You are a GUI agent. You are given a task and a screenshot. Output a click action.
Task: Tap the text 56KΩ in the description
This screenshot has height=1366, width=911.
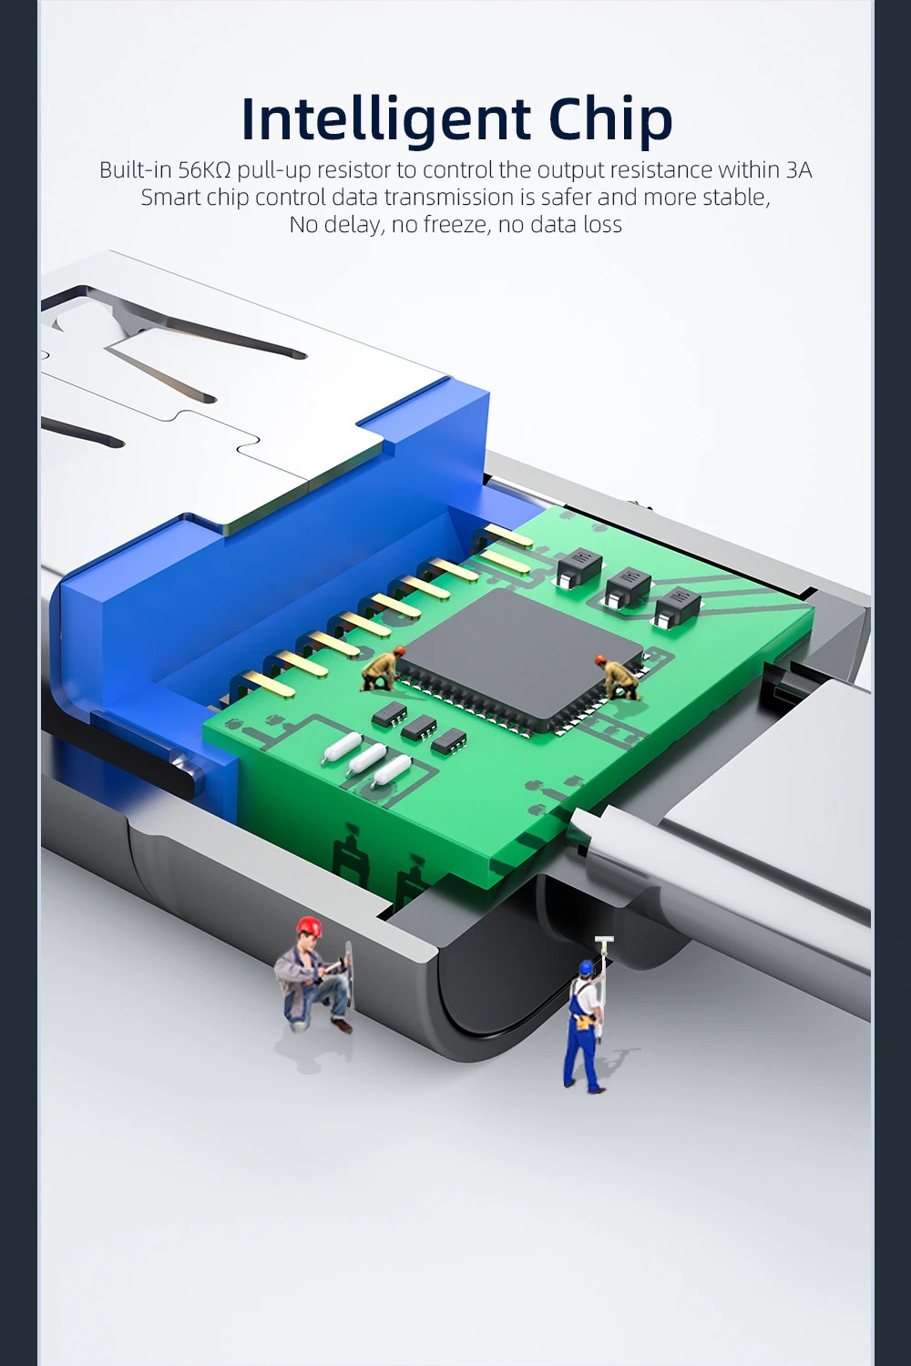coord(204,169)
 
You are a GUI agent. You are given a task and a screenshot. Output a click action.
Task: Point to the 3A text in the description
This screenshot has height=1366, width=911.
coord(799,169)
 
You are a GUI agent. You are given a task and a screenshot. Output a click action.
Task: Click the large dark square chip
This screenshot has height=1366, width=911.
coord(520,658)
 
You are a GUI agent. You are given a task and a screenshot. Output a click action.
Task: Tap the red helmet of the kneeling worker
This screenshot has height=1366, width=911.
coord(308,925)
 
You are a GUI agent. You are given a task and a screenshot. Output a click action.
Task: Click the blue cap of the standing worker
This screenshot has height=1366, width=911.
coord(586,967)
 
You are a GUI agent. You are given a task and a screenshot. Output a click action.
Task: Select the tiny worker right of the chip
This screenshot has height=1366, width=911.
coord(619,677)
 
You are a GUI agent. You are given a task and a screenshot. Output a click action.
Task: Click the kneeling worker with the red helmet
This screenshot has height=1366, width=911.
coord(313,974)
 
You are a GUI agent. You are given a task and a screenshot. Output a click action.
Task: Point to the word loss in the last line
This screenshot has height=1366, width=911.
coord(602,224)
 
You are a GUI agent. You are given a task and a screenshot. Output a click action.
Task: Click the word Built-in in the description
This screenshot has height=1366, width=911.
coord(136,169)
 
